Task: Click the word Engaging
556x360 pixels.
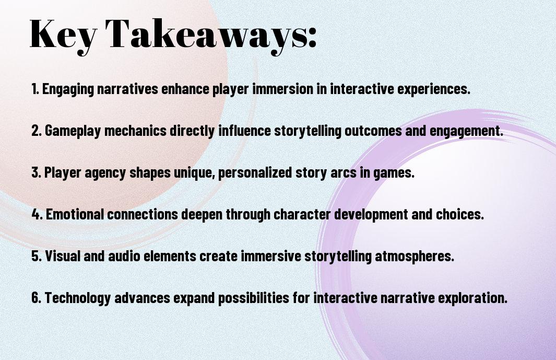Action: (x=68, y=89)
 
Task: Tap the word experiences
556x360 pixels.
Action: (x=433, y=89)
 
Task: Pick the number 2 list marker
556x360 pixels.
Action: (x=37, y=131)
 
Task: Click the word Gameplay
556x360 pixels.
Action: (x=73, y=131)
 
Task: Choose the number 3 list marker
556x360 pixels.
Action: (x=37, y=172)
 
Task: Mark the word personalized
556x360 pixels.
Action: (x=255, y=173)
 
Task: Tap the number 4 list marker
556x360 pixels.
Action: (x=37, y=214)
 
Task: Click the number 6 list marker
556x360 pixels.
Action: (x=37, y=297)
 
